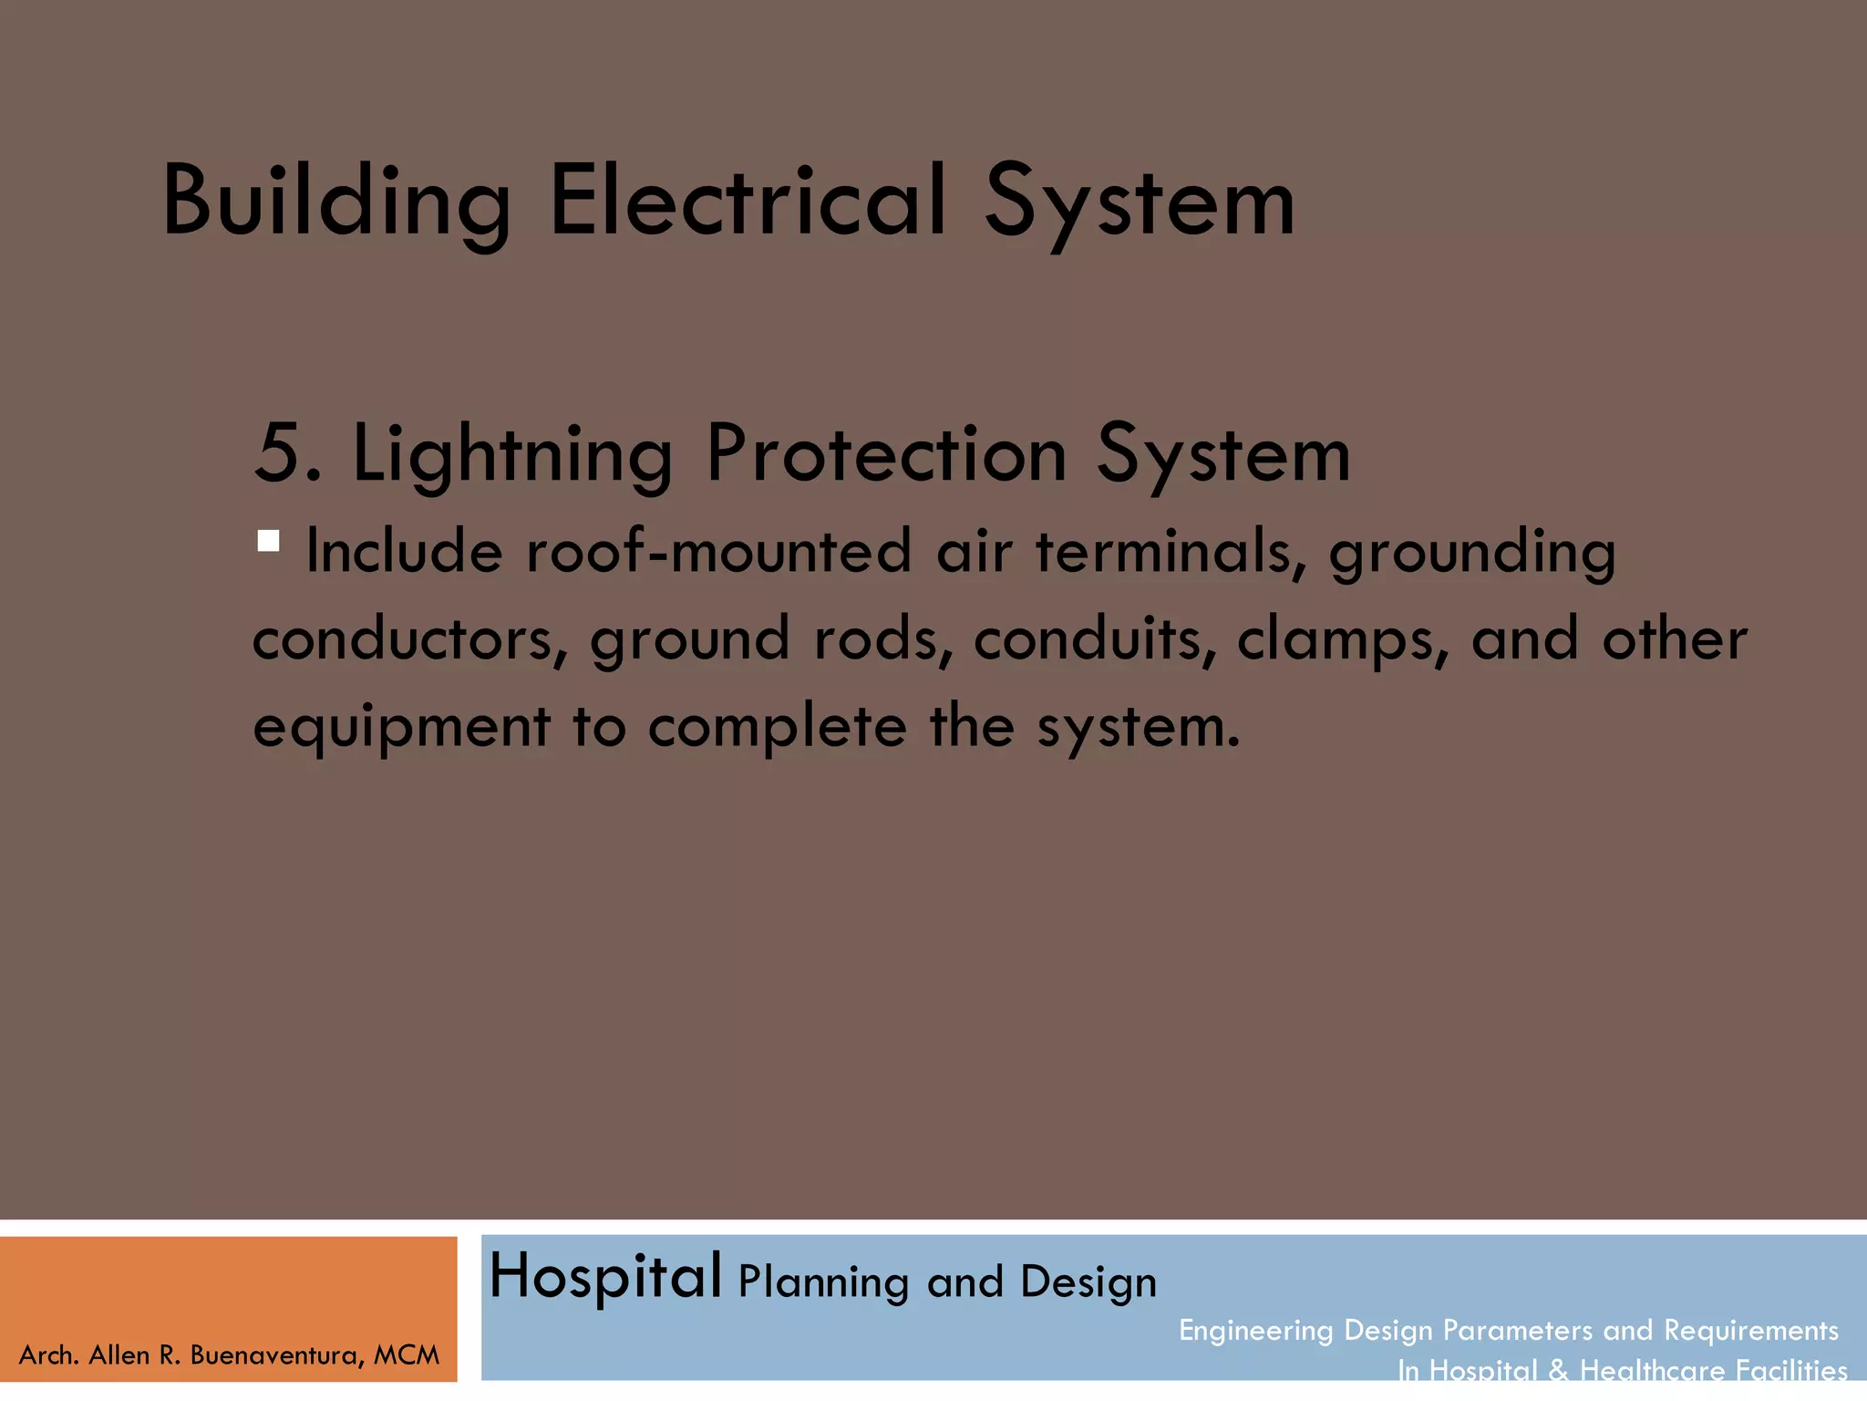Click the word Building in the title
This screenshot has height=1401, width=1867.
335,202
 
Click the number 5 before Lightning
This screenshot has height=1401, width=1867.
277,453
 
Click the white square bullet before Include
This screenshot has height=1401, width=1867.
268,542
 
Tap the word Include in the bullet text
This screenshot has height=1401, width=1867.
404,552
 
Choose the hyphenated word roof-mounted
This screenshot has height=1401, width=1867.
718,552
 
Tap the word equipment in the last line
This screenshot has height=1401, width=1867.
401,728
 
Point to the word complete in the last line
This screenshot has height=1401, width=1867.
777,728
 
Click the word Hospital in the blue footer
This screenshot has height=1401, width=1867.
605,1276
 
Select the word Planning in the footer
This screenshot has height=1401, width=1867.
823,1282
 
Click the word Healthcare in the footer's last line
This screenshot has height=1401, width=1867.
1652,1370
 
